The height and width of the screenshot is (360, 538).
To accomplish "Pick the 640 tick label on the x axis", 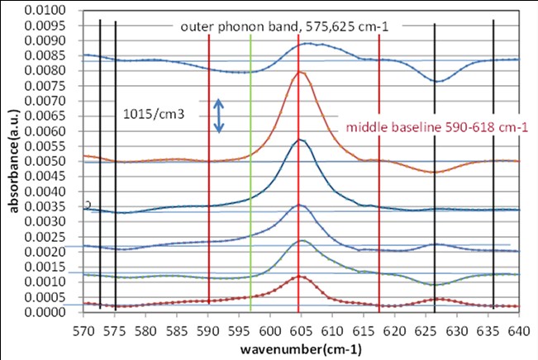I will coord(519,329).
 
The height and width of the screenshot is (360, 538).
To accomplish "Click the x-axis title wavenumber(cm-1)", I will coord(300,348).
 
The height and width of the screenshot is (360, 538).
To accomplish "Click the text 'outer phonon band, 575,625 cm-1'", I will coord(284,26).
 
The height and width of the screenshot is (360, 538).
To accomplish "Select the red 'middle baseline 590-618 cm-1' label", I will coord(436,127).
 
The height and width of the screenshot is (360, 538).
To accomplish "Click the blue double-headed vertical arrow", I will coord(219,116).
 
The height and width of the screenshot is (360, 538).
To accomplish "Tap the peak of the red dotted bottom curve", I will coord(299,276).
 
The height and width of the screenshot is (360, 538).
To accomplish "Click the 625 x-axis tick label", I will coord(426,329).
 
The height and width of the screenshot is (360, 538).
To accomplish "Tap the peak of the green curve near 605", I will coord(302,240).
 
